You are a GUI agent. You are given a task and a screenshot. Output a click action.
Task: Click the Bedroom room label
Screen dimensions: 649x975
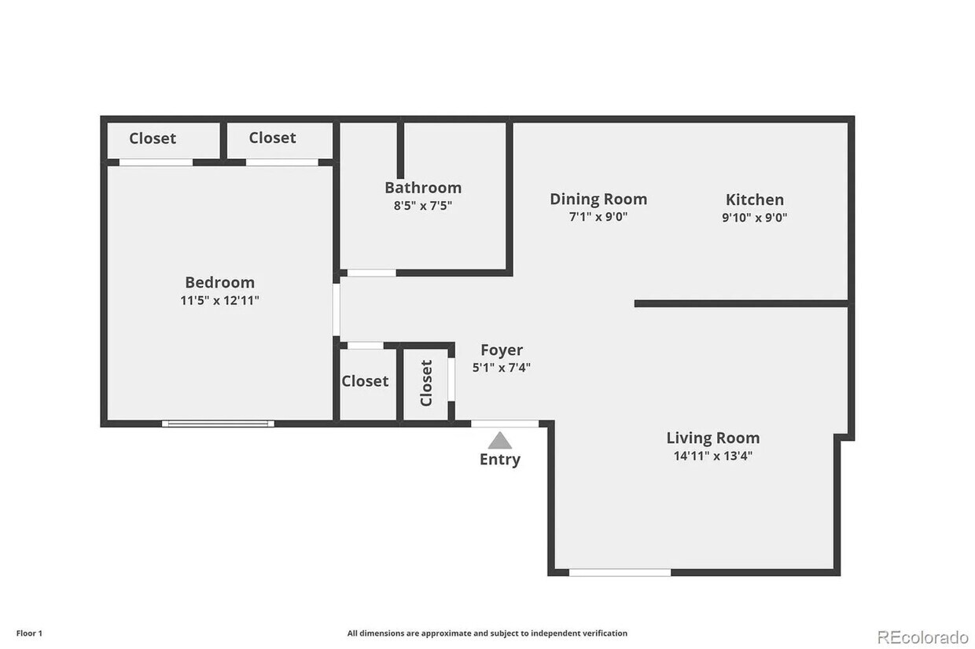[x=219, y=282]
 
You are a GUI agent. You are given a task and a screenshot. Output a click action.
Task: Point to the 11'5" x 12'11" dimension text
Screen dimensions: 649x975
[x=219, y=300]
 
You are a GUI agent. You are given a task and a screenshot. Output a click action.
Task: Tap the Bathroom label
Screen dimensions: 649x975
[x=422, y=188]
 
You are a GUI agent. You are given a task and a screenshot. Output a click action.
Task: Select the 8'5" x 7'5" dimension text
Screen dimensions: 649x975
[x=422, y=206]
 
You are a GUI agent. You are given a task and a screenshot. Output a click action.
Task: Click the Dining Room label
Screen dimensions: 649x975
[x=598, y=200]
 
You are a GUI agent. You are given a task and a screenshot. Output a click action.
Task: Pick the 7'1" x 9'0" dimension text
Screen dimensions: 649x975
[x=598, y=217]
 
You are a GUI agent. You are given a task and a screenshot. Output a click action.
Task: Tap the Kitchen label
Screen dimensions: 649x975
[x=754, y=200]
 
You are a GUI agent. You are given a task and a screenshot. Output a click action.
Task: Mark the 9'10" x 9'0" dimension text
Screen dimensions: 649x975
[x=754, y=217]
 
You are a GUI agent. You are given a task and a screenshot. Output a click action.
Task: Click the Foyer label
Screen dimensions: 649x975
[x=501, y=350]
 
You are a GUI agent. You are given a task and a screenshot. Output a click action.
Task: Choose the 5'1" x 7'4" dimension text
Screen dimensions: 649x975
[x=501, y=367]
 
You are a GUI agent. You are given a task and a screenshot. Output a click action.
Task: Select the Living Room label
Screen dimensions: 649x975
[x=712, y=438]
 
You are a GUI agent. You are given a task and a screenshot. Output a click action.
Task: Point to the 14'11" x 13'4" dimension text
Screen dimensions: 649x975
[x=712, y=456]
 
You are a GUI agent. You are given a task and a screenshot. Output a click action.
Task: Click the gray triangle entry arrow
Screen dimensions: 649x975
[x=499, y=441]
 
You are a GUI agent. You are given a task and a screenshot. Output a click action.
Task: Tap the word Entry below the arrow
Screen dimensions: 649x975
[x=499, y=460]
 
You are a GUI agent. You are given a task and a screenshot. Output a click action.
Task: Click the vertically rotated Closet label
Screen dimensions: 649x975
[x=426, y=383]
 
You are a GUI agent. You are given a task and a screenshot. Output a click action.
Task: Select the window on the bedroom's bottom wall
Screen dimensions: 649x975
[x=218, y=423]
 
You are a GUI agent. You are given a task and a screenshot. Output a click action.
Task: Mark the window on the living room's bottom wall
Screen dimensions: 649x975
[x=620, y=572]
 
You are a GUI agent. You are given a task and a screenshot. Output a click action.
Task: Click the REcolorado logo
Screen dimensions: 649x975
[x=922, y=636]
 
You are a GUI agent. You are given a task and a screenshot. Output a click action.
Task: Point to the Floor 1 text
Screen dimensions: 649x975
[x=29, y=633]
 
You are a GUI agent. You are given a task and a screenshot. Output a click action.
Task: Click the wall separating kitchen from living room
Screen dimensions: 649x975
[x=741, y=303]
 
